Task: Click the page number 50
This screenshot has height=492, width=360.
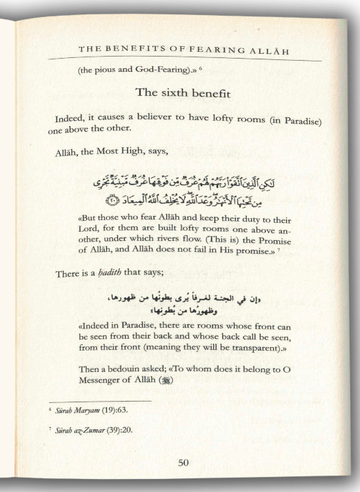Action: [182, 463]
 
